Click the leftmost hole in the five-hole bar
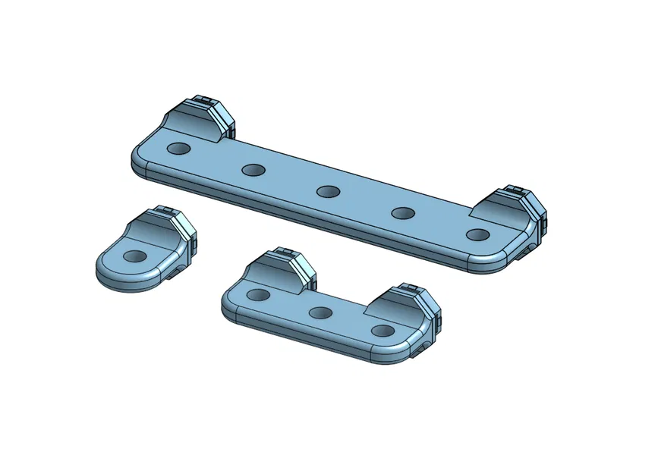pos(179,148)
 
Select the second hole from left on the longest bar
pos(253,169)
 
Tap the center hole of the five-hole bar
pos(328,191)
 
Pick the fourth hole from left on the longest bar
pos(402,213)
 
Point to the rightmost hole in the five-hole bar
pos(477,234)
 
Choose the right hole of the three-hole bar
pos(384,331)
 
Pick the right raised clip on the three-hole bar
pos(410,307)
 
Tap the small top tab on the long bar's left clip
pos(202,99)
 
